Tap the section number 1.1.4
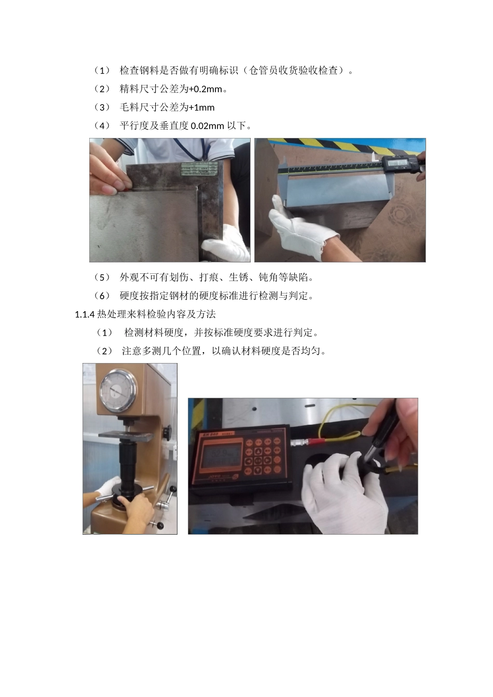click(x=85, y=314)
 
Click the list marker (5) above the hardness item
click(x=102, y=277)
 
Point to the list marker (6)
click(x=102, y=296)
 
